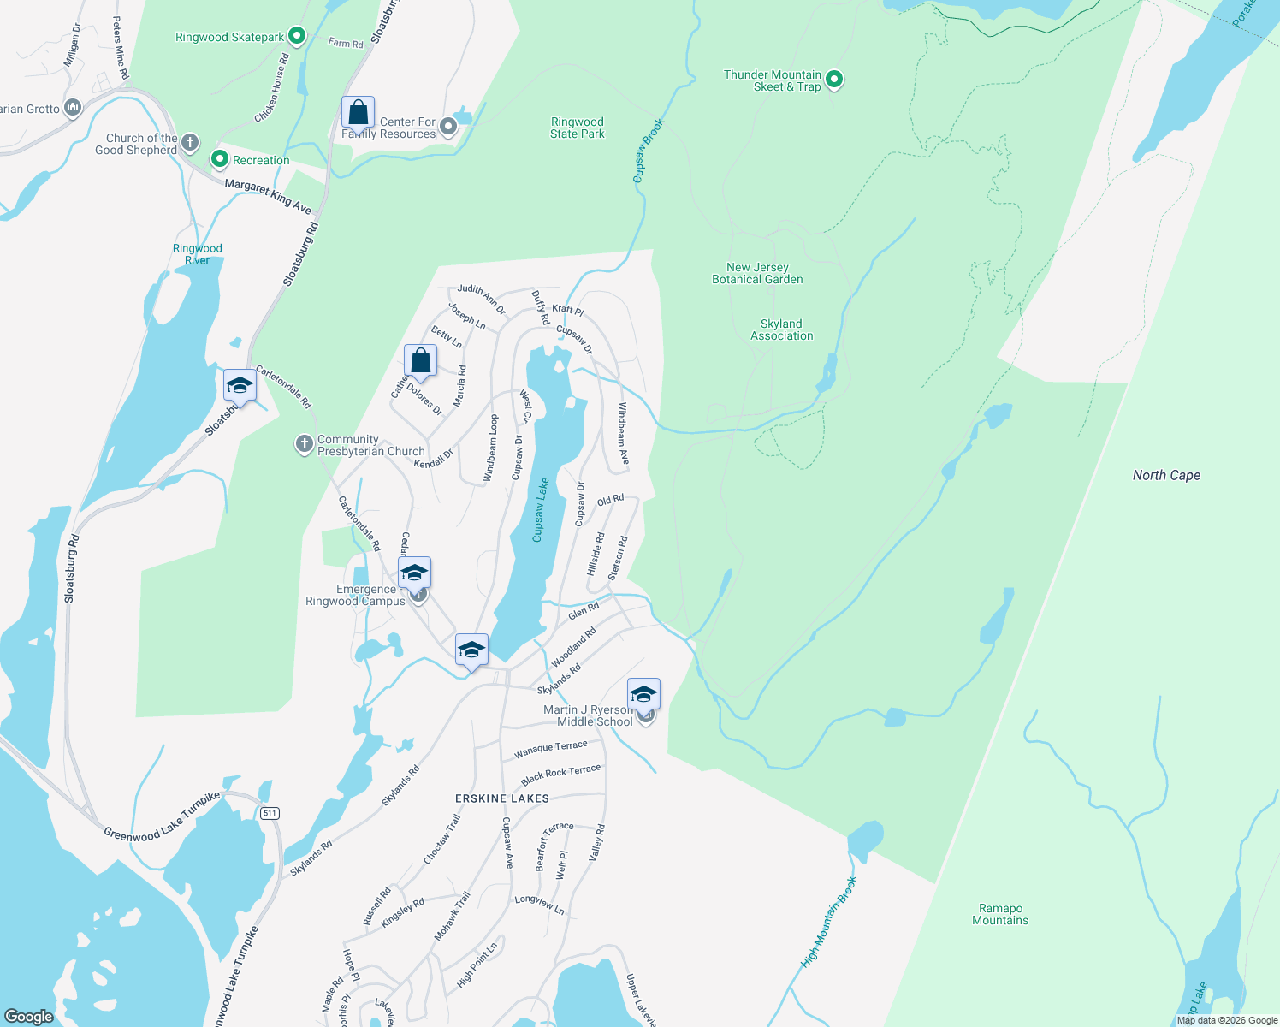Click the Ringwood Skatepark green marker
pos(297,36)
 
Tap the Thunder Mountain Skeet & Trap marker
pos(834,80)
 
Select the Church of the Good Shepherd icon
pos(190,143)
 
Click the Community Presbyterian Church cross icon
pos(304,444)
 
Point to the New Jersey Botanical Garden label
pos(757,274)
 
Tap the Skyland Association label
pos(781,330)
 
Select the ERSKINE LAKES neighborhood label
pos(502,798)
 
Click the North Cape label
pos(1166,476)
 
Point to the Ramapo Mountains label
pos(1000,915)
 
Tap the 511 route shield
pos(270,813)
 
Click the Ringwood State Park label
pos(578,128)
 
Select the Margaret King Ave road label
pos(268,196)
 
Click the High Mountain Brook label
pos(828,923)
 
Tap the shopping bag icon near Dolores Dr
pos(420,360)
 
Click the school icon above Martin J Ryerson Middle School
pos(643,694)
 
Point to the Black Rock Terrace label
pos(560,775)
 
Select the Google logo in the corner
pos(28,1017)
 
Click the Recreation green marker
pos(220,160)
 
